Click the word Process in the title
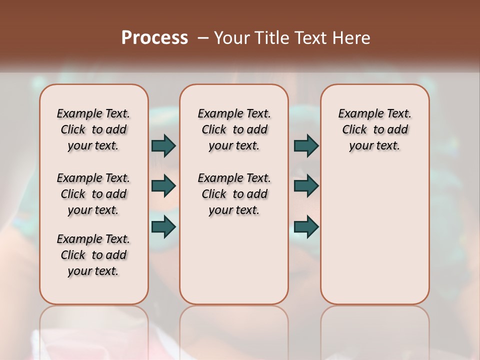point(154,38)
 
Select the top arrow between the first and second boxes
point(163,145)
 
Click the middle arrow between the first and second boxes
point(163,186)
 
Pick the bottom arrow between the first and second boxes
point(163,227)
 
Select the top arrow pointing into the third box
point(306,145)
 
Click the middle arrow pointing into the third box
point(306,186)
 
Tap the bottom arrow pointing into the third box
point(306,227)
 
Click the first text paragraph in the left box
point(93,129)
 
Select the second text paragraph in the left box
point(93,194)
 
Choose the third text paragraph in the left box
point(93,255)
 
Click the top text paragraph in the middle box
point(234,129)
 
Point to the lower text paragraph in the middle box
point(234,194)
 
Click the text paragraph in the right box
point(374,129)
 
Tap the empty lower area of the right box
point(374,240)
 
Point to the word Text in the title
point(305,38)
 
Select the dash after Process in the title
point(202,38)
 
